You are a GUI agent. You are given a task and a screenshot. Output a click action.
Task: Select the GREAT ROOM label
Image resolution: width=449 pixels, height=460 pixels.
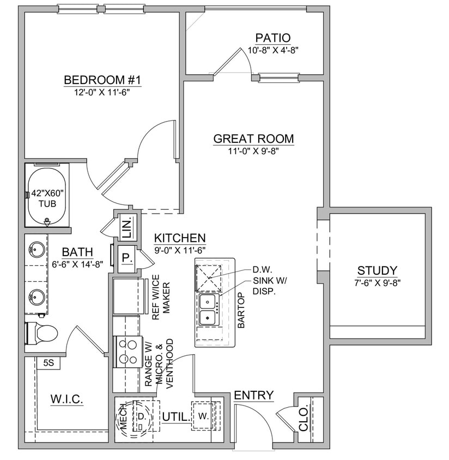point(253,138)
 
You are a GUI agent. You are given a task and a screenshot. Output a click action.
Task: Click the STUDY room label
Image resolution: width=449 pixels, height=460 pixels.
point(377,270)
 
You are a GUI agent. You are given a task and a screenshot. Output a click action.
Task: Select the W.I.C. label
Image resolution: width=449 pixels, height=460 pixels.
point(67,400)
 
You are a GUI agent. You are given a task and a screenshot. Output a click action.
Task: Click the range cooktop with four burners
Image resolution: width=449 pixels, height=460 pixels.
point(128,352)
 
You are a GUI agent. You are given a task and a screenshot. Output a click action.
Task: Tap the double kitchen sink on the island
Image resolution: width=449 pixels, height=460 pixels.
point(208,310)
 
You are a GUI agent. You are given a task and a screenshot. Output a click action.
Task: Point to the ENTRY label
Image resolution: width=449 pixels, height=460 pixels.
point(253,396)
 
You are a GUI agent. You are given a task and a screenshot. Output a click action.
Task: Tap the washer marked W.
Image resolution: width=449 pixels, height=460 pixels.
point(203,416)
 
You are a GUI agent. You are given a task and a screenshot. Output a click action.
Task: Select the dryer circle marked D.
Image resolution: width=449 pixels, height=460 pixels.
point(141,416)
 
